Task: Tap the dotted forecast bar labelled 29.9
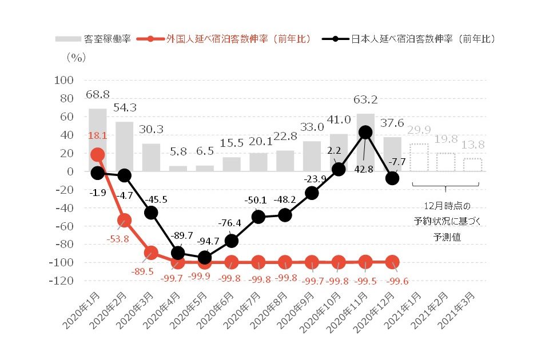tap(419, 158)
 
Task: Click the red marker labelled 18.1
tap(98, 155)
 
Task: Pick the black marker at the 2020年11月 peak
tap(365, 133)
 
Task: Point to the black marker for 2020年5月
tap(205, 257)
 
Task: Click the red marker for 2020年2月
tap(125, 220)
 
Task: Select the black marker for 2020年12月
tap(392, 178)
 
